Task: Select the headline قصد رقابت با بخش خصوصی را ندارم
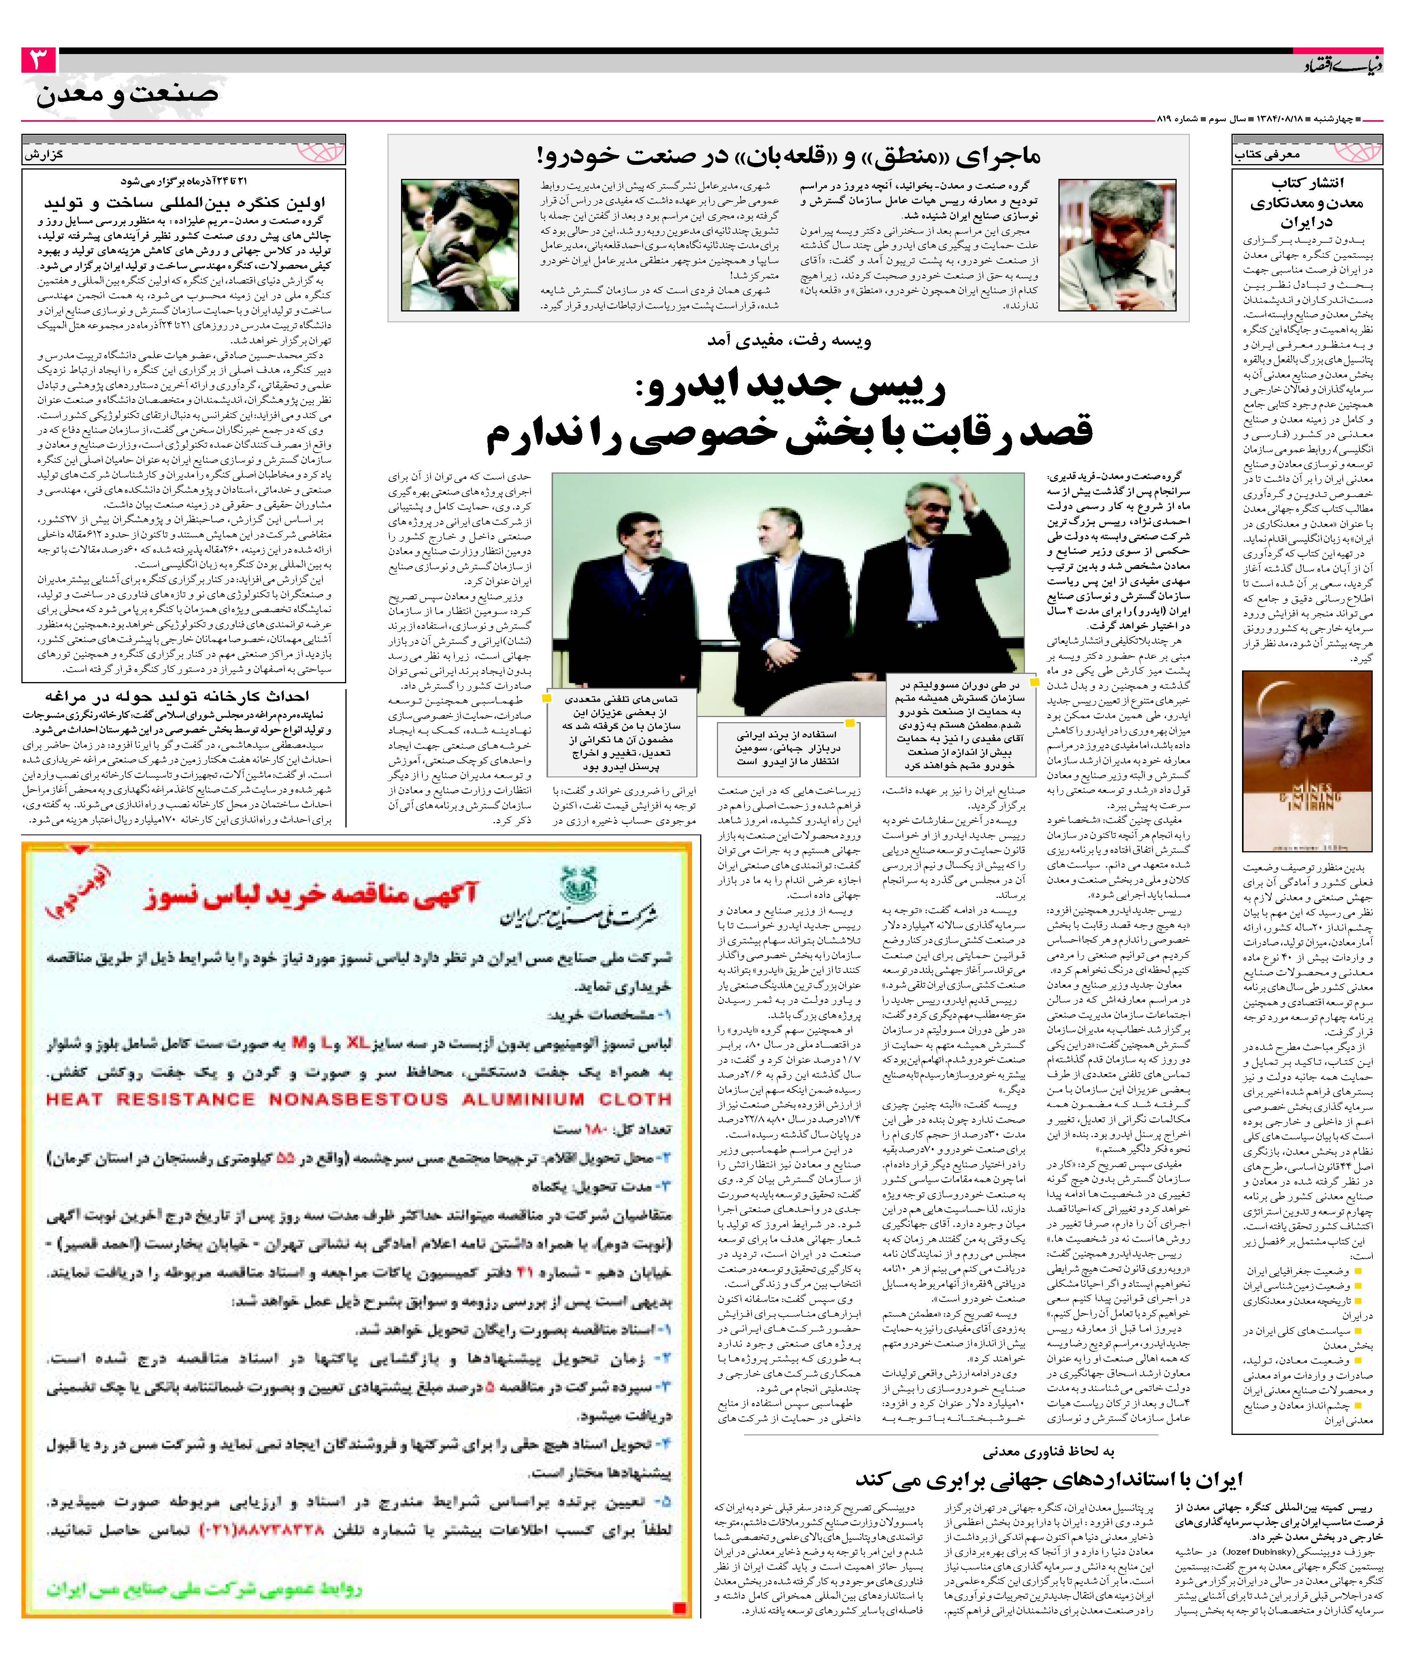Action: tap(788, 432)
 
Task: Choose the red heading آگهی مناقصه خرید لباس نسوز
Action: tap(311, 896)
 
